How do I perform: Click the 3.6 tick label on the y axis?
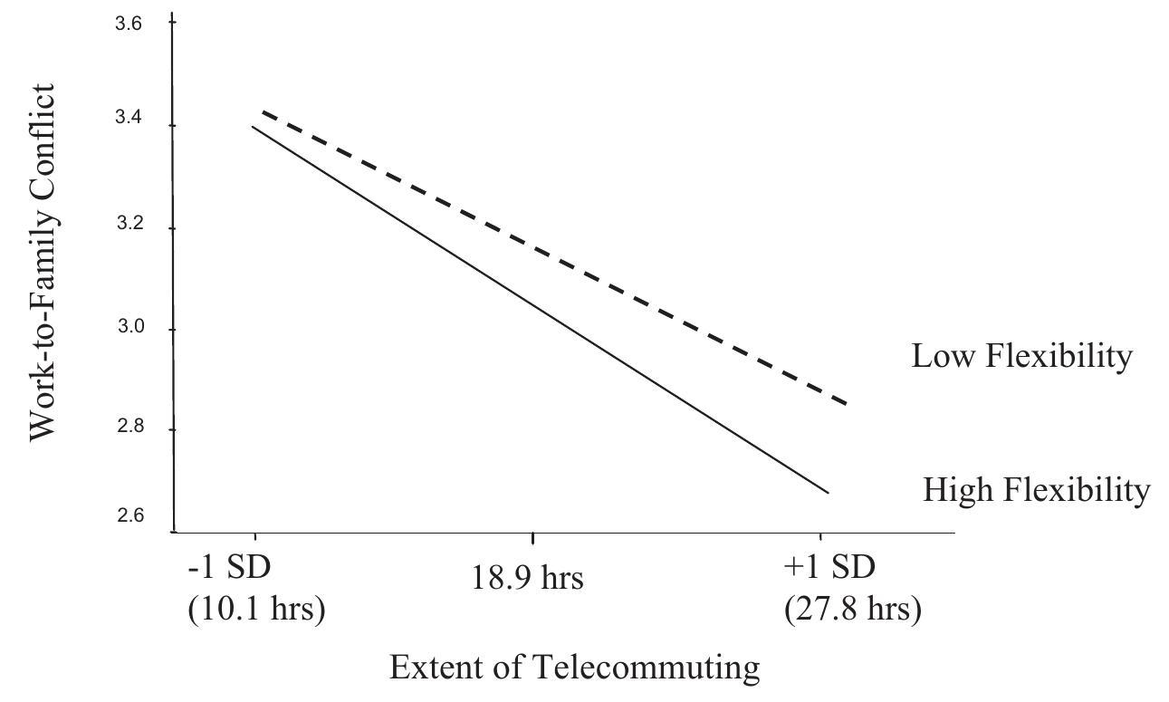[x=129, y=24]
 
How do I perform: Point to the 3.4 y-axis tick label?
[x=129, y=126]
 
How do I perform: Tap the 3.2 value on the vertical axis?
[x=129, y=227]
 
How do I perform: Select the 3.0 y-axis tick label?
[x=129, y=329]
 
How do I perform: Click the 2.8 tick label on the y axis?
[x=129, y=429]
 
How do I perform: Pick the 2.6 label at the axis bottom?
[x=129, y=517]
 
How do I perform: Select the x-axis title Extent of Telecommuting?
[x=575, y=668]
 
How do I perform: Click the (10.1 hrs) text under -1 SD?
[x=255, y=609]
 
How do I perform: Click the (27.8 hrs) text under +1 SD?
[x=852, y=609]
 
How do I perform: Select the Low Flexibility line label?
[x=1021, y=356]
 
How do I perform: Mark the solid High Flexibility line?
[x=541, y=309]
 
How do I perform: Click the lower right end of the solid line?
[x=828, y=493]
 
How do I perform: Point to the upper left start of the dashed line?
[x=263, y=111]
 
